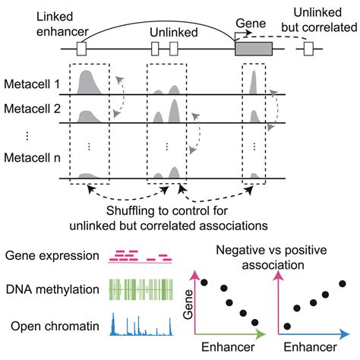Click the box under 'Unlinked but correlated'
pyautogui.click(x=309, y=49)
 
